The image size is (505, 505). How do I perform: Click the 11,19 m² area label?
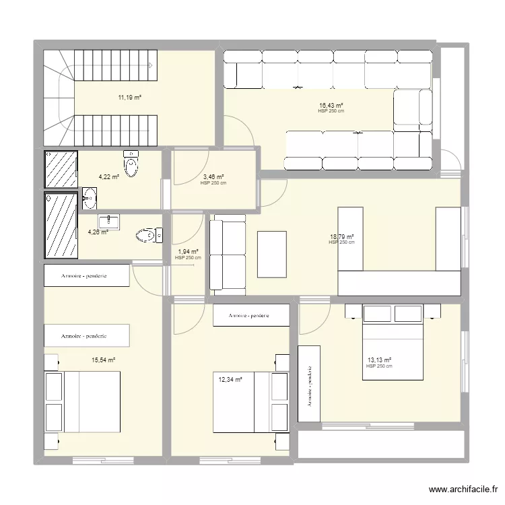coord(130,98)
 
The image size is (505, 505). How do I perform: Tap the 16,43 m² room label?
coord(331,106)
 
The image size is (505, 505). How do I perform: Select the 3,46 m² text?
coord(213,178)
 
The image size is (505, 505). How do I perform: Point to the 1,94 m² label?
coord(188,252)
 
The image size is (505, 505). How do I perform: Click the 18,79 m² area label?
coord(341,237)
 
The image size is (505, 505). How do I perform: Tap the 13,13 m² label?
coord(379,360)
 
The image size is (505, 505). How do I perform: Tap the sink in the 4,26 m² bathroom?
coord(109,221)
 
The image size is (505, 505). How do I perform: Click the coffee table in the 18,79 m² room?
coord(272,254)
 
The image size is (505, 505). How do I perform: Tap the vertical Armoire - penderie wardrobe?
coord(309,385)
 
